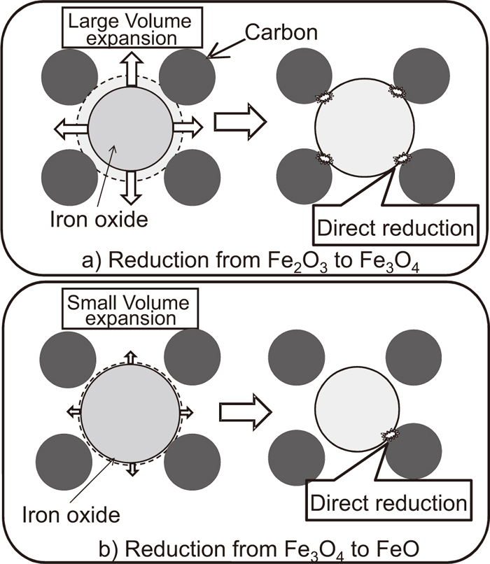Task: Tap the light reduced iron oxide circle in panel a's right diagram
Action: point(358,125)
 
